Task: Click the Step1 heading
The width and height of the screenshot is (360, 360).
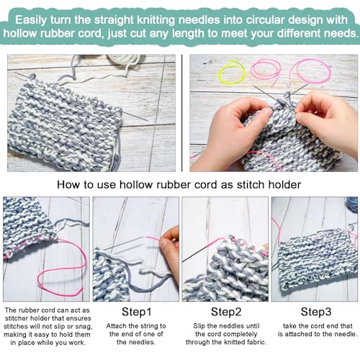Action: coord(136,312)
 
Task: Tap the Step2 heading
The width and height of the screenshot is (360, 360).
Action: coord(226,312)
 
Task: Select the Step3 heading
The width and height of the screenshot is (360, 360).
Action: coord(316,312)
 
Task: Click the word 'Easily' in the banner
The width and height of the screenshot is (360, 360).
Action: coord(31,20)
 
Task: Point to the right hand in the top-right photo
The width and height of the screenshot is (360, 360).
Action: coord(329,120)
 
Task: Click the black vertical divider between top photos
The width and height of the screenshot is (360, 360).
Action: coord(182,113)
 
